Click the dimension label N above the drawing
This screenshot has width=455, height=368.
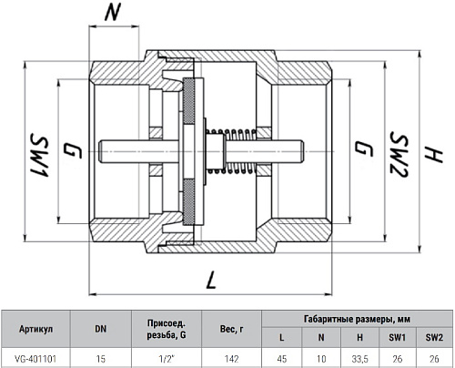point(112,12)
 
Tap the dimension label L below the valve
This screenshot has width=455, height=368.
point(210,280)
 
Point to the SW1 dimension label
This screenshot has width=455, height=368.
point(39,155)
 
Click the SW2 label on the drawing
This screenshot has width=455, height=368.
point(399,154)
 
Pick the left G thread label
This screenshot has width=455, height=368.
point(73,151)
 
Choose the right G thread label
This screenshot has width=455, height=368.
point(364,148)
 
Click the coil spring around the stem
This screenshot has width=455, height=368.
point(231,151)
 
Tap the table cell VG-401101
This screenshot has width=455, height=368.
point(35,359)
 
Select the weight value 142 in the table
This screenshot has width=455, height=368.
point(231,359)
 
